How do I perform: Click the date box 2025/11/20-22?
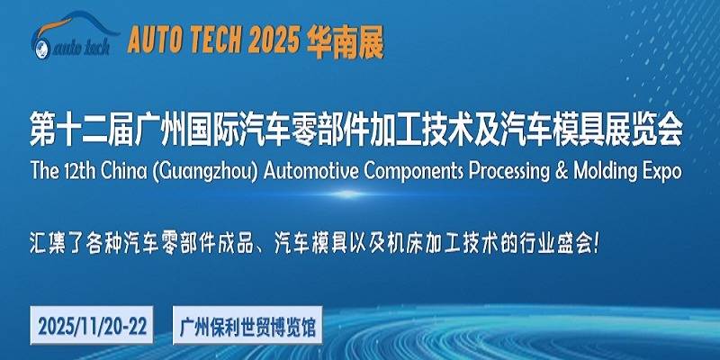[x=92, y=325]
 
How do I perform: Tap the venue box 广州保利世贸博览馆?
[x=247, y=325]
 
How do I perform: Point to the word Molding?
[x=604, y=171]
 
